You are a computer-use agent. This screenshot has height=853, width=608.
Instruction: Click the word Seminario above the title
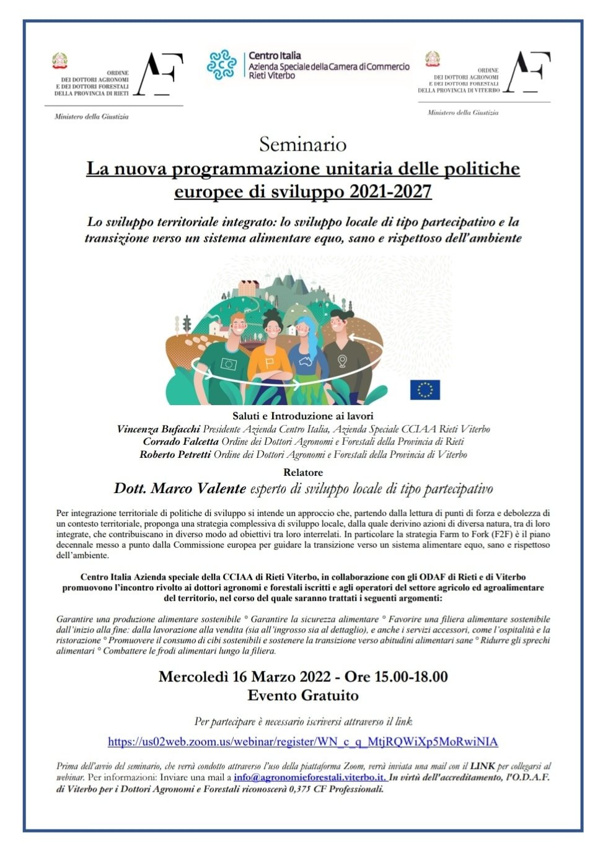302,144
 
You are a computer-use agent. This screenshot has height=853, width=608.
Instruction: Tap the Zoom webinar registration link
302,741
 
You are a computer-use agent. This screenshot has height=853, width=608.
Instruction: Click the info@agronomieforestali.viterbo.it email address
310,777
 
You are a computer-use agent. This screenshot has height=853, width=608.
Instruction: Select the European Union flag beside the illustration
425,390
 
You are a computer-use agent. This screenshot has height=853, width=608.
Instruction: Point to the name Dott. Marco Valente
180,488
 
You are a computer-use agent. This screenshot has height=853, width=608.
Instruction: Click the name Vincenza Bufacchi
158,429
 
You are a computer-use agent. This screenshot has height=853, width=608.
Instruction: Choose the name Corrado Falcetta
180,442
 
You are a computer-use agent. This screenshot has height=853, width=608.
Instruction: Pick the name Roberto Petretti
175,455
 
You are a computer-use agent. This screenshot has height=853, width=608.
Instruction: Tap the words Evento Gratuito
302,696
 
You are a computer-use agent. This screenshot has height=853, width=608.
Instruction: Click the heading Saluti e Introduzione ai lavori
302,416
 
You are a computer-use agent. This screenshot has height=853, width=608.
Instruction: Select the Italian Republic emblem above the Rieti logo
59,61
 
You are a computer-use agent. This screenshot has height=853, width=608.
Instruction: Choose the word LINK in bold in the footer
485,766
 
